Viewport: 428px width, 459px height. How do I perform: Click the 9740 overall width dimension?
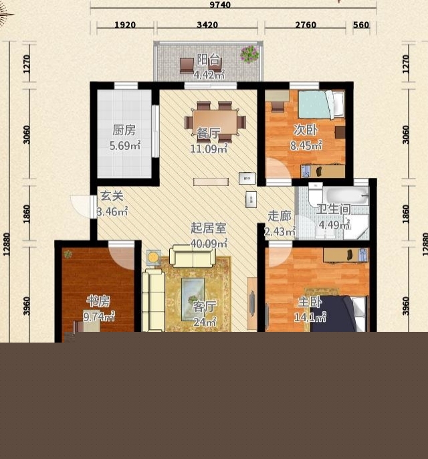click(220, 5)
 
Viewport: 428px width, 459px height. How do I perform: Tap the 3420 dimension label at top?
click(207, 25)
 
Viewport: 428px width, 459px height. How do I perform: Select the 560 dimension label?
click(361, 25)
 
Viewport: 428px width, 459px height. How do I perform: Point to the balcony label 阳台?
click(208, 60)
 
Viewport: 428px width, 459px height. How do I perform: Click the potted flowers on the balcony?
click(249, 54)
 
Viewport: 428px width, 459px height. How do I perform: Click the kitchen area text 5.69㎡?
click(125, 145)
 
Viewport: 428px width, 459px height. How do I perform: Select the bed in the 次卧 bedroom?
click(321, 104)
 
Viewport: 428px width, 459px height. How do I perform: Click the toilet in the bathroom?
click(316, 193)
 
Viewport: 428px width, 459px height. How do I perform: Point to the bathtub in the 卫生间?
click(346, 195)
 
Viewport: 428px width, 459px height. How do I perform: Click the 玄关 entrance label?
click(112, 196)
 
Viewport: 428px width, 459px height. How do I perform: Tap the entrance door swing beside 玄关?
click(80, 206)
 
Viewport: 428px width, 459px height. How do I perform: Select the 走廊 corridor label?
click(280, 216)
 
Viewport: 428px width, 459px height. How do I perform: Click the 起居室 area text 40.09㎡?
click(209, 243)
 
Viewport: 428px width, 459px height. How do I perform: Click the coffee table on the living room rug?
click(193, 298)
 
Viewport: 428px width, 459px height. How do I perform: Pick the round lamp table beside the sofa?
click(154, 258)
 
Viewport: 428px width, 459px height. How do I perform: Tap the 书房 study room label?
click(98, 301)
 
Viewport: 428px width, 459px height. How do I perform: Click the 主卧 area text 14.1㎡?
click(310, 317)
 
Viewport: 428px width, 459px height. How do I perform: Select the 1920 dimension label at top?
click(125, 25)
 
